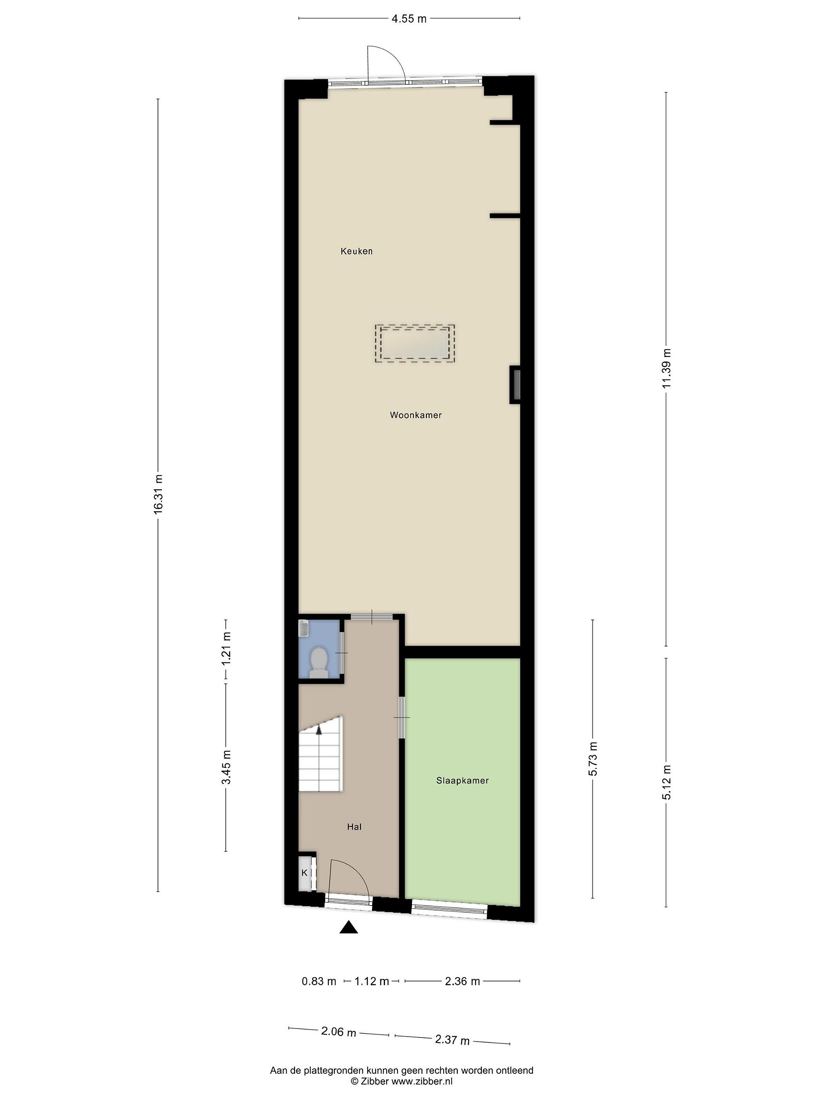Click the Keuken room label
pyautogui.click(x=356, y=251)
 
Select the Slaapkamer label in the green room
pyautogui.click(x=462, y=780)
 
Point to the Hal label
pyautogui.click(x=354, y=827)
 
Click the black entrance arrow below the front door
pyautogui.click(x=349, y=927)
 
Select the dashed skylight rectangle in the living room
pyautogui.click(x=415, y=344)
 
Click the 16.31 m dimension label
pyautogui.click(x=158, y=493)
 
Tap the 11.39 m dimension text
pyautogui.click(x=666, y=369)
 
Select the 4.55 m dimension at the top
pyautogui.click(x=409, y=19)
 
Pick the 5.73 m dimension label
pyautogui.click(x=592, y=759)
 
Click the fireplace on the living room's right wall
pyautogui.click(x=515, y=385)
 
